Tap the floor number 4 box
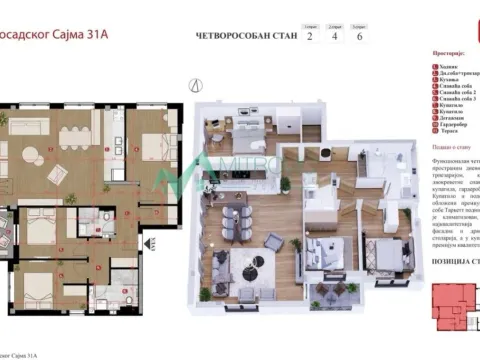pos(337,37)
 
